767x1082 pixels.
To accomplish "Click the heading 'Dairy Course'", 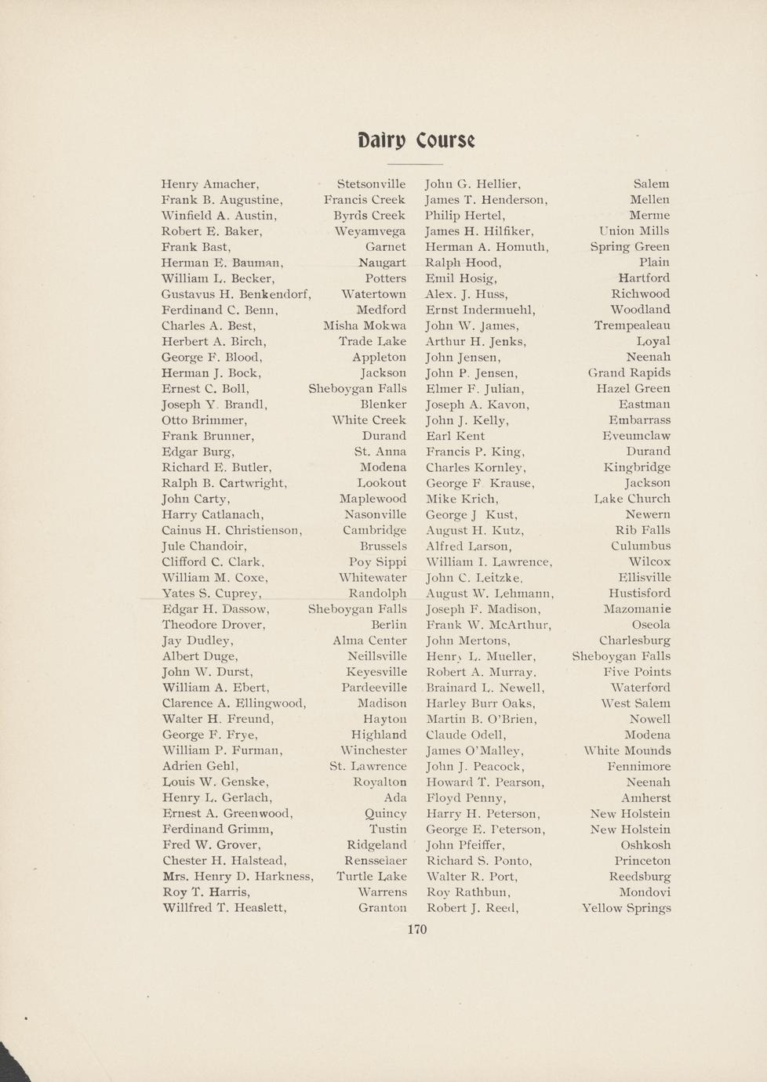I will click(416, 140).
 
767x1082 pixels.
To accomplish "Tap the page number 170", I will click(417, 929).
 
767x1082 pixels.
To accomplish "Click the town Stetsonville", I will click(371, 184).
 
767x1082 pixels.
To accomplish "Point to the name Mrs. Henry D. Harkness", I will click(238, 877).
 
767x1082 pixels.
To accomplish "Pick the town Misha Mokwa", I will click(365, 326).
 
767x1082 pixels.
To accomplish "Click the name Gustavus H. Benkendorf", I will click(236, 294).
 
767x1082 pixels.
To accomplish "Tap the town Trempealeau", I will click(632, 325).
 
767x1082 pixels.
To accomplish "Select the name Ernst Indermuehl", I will click(480, 310).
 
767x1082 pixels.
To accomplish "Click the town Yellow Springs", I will click(626, 908).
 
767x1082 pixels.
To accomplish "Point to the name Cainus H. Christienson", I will click(231, 530).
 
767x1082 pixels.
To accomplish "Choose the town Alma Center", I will click(369, 641).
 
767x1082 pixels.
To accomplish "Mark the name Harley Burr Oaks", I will click(481, 703).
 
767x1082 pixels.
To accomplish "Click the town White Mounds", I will click(627, 750).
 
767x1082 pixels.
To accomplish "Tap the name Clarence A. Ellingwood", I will click(234, 703).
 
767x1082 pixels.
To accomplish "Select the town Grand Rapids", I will click(629, 372).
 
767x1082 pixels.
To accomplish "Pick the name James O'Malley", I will click(474, 750).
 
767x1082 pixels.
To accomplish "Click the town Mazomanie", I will click(637, 609).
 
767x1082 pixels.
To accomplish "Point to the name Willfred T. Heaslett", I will click(224, 908).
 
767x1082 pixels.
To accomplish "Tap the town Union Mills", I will click(634, 231).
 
